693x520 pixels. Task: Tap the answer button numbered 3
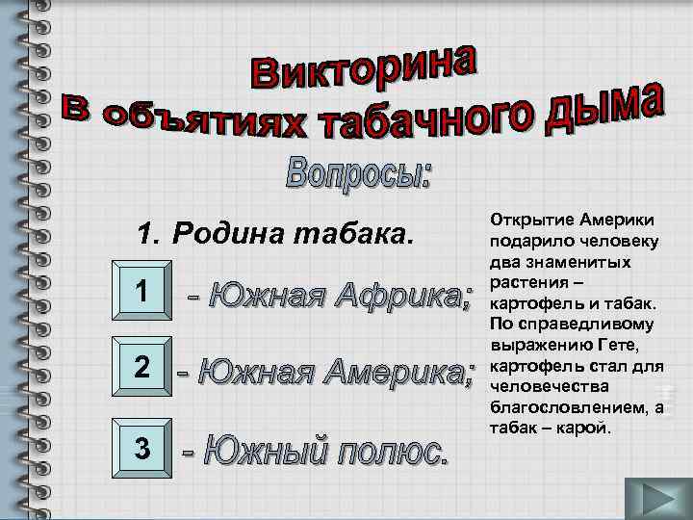[x=141, y=448]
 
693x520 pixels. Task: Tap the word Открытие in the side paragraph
[x=531, y=221]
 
